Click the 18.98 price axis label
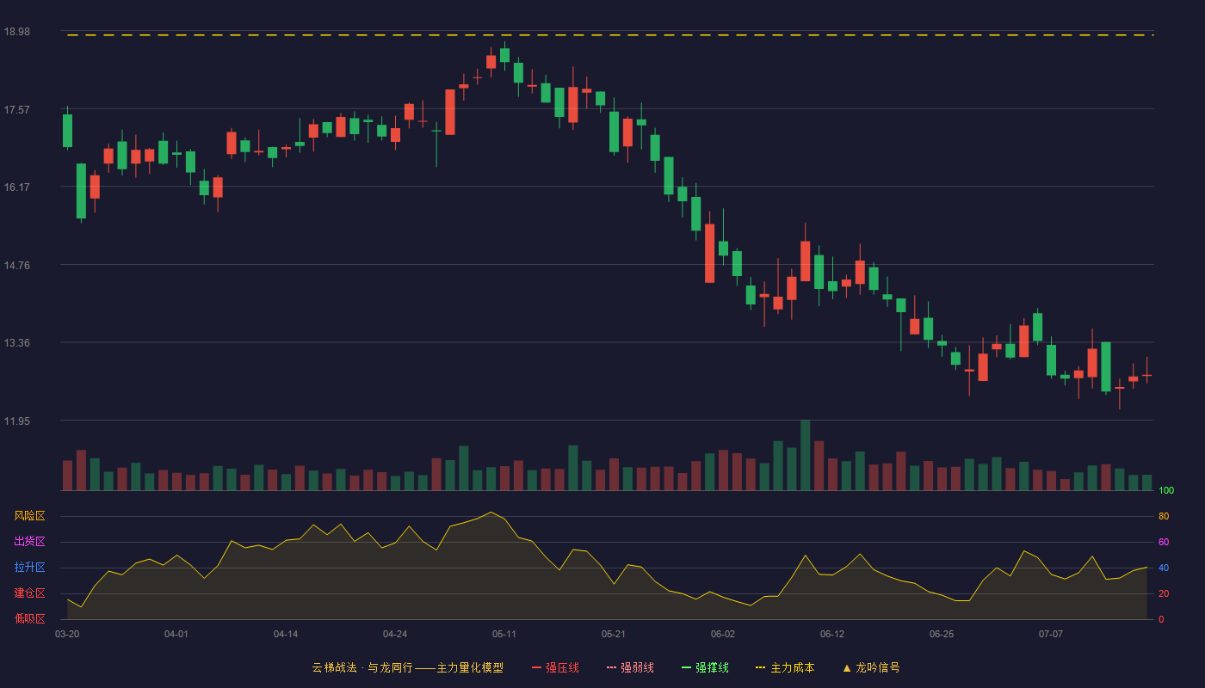pyautogui.click(x=17, y=32)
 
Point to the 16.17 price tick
pyautogui.click(x=17, y=187)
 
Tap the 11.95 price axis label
pyautogui.click(x=17, y=421)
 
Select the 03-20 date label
pyautogui.click(x=67, y=635)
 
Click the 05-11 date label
pyautogui.click(x=504, y=635)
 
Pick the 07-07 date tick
pyautogui.click(x=1051, y=635)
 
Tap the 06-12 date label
pyautogui.click(x=832, y=635)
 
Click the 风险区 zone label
pyautogui.click(x=29, y=516)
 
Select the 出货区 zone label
pyautogui.click(x=29, y=541)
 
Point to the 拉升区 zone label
pyautogui.click(x=29, y=567)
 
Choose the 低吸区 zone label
pyautogui.click(x=29, y=618)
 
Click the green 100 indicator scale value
pyautogui.click(x=1166, y=490)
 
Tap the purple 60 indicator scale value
pyautogui.click(x=1164, y=542)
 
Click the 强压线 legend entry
pyautogui.click(x=555, y=667)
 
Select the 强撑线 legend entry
pyautogui.click(x=705, y=667)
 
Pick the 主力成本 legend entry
pyautogui.click(x=785, y=667)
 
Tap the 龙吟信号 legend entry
pyautogui.click(x=871, y=667)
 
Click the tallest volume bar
pyautogui.click(x=806, y=455)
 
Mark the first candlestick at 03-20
pyautogui.click(x=67, y=128)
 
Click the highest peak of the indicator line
pyautogui.click(x=491, y=513)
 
